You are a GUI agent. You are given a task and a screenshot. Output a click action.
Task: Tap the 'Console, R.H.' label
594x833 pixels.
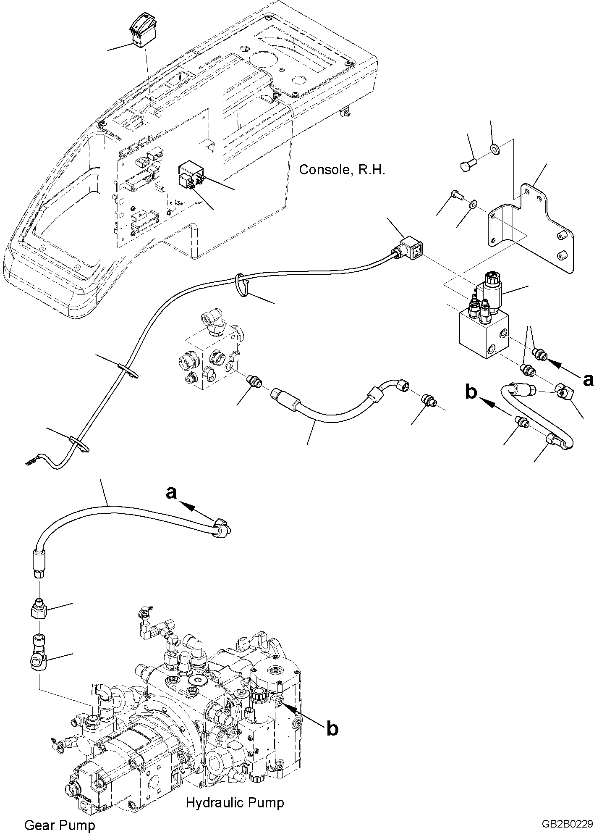(x=342, y=170)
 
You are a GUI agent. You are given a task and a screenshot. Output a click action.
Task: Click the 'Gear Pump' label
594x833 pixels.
(x=60, y=813)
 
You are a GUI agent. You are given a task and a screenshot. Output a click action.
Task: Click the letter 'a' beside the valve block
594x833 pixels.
(x=588, y=379)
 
